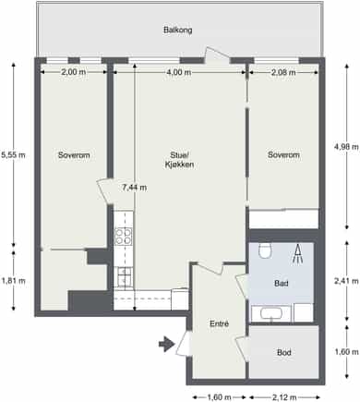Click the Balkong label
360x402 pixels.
pos(178,30)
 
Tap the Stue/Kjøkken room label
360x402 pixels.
pos(179,160)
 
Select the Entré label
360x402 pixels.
pos(220,323)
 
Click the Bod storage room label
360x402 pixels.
pos(284,352)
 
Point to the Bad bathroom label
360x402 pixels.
pos(282,283)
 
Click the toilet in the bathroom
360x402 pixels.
pos(265,250)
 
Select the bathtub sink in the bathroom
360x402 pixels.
pos(271,314)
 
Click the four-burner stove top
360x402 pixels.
pos(124,237)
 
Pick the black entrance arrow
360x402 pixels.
pos(166,344)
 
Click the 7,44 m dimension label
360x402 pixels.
pos(135,188)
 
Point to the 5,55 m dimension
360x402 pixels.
pos(13,155)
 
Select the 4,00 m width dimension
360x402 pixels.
pos(179,72)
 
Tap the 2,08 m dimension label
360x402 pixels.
pos(283,72)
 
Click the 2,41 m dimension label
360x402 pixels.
pos(346,281)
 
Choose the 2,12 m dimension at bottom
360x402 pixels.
pos(284,397)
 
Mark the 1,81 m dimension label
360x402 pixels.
pos(14,281)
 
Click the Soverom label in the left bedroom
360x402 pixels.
pos(74,155)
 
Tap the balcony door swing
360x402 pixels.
pos(217,55)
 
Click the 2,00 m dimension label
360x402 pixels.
pos(74,72)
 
